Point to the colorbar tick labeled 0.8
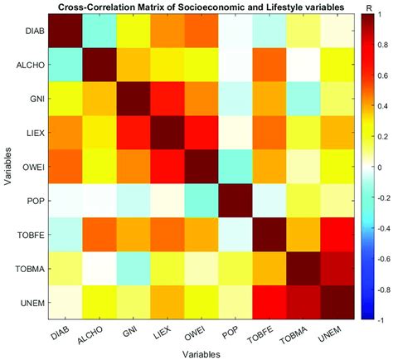click(x=375, y=47)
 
